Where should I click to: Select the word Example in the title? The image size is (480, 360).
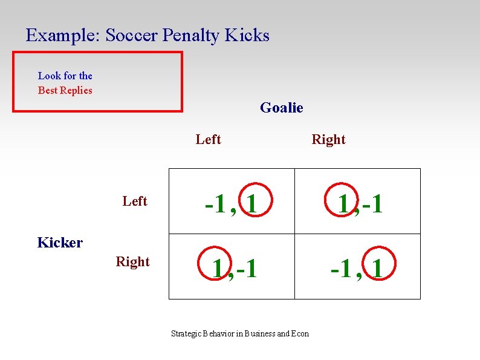pos(63,36)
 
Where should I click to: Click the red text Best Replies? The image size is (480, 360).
pos(65,90)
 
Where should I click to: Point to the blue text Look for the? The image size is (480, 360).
pos(65,76)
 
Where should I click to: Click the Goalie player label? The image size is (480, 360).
pos(281,108)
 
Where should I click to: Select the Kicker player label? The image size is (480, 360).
pos(60,243)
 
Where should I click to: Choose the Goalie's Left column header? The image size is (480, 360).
pos(208,140)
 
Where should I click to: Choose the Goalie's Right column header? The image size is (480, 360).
pos(328,140)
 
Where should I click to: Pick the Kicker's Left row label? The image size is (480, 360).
pos(134,201)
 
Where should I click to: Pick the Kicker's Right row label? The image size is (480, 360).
pos(132,262)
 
